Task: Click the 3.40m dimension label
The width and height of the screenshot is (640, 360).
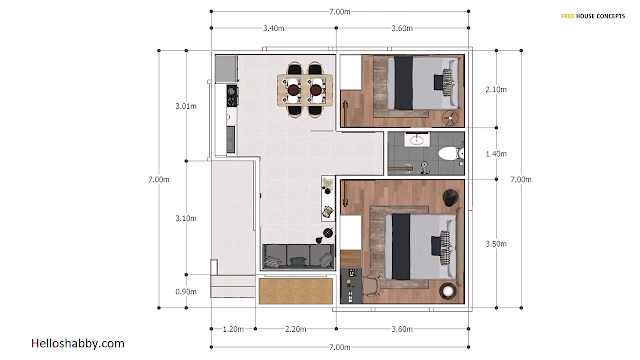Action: point(273,28)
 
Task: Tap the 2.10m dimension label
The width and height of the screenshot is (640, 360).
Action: point(496,89)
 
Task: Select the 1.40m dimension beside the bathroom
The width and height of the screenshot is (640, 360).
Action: point(496,154)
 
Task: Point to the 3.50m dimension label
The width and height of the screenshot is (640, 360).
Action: point(496,244)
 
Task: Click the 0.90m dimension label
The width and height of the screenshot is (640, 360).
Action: point(186,291)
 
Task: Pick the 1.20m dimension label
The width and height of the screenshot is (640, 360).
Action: point(233,329)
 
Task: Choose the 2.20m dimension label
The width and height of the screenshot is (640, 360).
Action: point(296,329)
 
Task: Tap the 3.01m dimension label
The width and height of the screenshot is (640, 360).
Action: point(186,106)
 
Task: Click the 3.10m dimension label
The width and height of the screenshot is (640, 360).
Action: point(186,218)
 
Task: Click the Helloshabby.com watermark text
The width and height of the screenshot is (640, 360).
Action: point(78,344)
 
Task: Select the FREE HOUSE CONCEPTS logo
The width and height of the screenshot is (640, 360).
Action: point(593,16)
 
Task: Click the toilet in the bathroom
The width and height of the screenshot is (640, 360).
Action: point(451,154)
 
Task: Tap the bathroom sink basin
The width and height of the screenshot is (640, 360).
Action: point(416,140)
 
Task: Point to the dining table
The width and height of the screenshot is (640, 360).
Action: point(304,90)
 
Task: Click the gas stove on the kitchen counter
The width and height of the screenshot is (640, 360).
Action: point(232,96)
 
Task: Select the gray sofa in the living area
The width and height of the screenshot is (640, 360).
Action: point(298,256)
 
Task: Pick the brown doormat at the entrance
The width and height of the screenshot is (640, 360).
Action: point(296,291)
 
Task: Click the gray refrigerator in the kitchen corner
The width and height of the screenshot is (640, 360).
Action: point(227,69)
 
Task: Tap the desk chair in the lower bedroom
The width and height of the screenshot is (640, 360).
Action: point(372,286)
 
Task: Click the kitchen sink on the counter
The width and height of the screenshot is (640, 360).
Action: point(231,139)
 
